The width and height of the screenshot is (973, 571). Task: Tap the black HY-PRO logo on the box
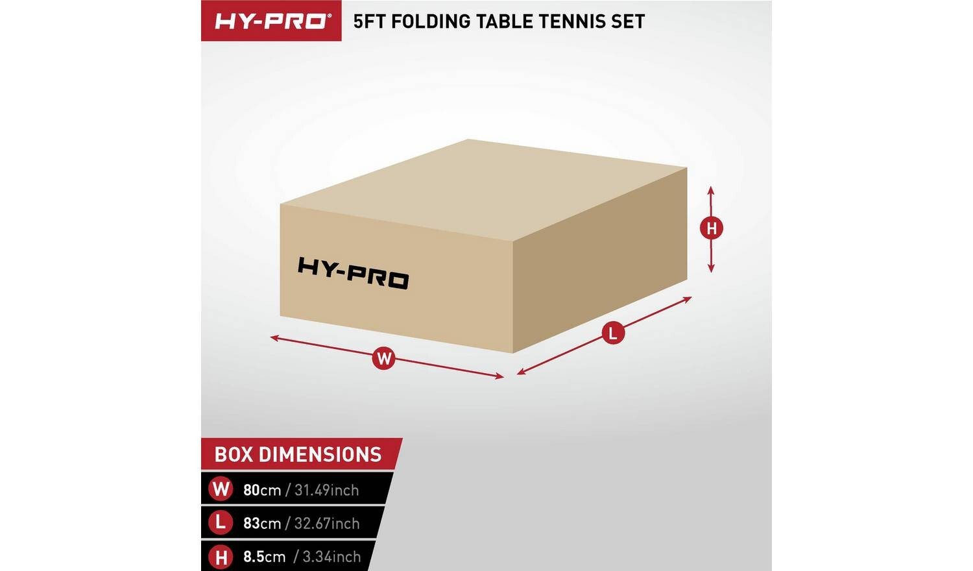(353, 273)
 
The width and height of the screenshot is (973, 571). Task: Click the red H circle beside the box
(711, 228)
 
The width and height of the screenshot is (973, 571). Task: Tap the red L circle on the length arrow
(614, 334)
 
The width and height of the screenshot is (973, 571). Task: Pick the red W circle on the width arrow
(384, 359)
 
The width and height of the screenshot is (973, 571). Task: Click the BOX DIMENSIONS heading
(298, 455)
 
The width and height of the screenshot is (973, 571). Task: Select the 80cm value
(262, 490)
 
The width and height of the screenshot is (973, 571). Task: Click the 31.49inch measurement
(327, 490)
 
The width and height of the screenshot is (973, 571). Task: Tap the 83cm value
(262, 523)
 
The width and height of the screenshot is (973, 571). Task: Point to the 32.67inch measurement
(327, 523)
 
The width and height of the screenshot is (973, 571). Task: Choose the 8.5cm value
(264, 557)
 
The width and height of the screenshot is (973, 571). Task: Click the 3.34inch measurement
(331, 557)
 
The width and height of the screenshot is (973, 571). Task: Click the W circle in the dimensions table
(221, 489)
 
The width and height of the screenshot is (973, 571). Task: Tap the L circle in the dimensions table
(221, 522)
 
